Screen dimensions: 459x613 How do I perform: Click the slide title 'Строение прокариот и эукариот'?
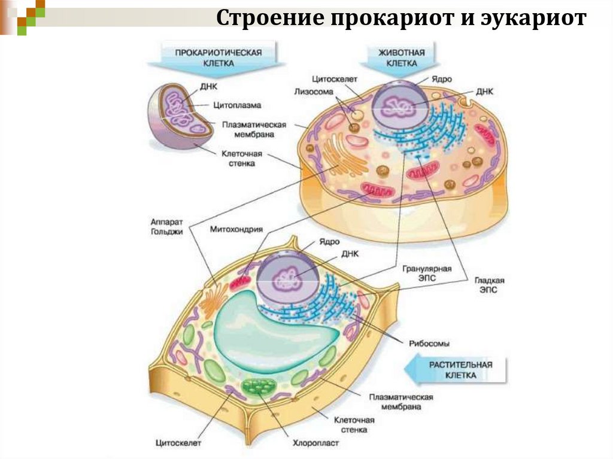click(x=401, y=19)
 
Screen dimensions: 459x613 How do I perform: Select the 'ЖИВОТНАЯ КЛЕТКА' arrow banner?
click(x=401, y=57)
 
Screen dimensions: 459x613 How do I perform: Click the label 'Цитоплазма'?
click(x=237, y=105)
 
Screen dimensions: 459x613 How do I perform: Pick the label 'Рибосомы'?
click(x=429, y=344)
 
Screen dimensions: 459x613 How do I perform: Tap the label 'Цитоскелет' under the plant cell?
click(x=178, y=443)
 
